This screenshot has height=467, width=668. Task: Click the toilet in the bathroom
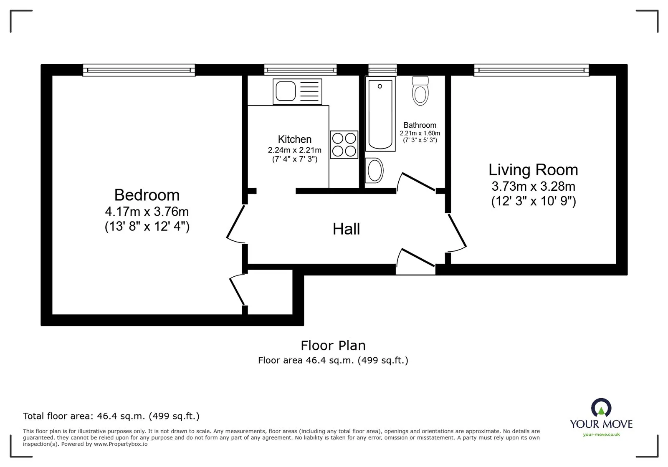point(420,91)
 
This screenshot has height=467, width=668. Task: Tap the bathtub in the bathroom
point(380,114)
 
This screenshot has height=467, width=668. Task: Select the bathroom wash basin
point(374,170)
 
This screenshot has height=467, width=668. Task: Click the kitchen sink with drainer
point(297,91)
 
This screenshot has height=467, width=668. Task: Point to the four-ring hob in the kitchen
point(344,144)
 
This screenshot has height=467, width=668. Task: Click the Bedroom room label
point(147,195)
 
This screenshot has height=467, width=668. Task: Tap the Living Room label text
point(533,170)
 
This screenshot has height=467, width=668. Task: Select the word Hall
point(346,229)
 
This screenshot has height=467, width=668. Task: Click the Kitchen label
point(295,139)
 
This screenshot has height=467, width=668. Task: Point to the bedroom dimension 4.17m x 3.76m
point(147,212)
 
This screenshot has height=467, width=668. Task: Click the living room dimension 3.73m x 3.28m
point(533,186)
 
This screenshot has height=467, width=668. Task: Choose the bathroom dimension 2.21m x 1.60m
point(420,133)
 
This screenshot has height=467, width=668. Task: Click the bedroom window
point(139,70)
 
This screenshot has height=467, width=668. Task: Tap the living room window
point(531,70)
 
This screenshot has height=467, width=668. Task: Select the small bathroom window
point(382,70)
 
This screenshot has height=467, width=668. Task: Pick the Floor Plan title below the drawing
point(333,346)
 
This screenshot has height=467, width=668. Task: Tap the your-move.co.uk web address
point(601,434)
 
